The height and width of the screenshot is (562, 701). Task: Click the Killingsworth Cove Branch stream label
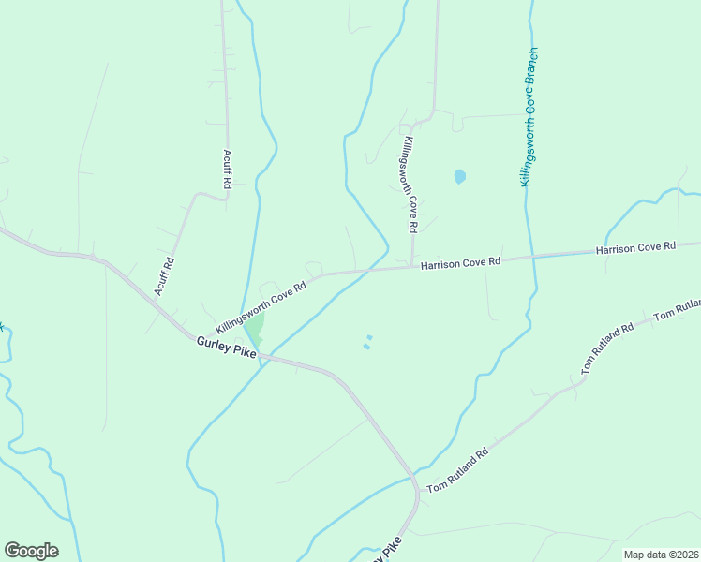tap(530, 117)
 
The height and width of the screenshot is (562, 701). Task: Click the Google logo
tap(31, 551)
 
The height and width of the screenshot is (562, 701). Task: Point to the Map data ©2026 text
tap(661, 555)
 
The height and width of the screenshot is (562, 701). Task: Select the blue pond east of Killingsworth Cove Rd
tap(459, 176)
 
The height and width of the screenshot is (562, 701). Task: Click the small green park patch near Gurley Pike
tap(254, 328)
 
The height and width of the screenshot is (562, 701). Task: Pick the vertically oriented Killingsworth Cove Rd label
tap(410, 185)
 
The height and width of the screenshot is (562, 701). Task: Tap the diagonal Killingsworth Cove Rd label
tap(261, 307)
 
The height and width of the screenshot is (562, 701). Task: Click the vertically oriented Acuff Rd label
tap(226, 170)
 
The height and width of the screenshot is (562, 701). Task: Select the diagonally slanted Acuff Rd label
tap(165, 277)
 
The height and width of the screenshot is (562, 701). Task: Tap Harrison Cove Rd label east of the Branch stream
tap(635, 247)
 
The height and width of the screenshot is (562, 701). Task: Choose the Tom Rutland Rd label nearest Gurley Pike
tap(458, 471)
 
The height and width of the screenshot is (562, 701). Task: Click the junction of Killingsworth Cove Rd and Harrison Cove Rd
tap(412, 267)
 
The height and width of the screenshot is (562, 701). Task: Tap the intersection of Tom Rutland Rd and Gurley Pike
tap(416, 485)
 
